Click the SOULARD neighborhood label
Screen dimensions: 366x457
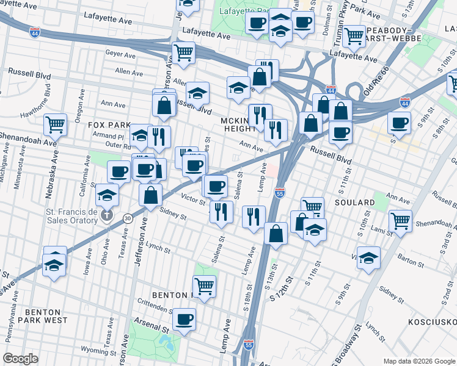[354, 202]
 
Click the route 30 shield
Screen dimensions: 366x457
[128, 217]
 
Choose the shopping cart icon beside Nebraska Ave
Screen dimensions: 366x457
[55, 124]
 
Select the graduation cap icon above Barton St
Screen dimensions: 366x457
[368, 257]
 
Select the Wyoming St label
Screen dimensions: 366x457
[97, 353]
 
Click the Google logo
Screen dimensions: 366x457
[20, 359]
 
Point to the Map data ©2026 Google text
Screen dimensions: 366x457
[419, 361]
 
